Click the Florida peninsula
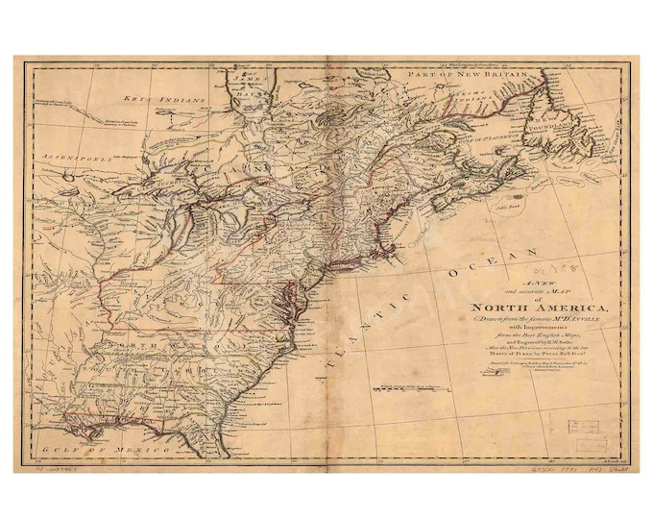point(211,437)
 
